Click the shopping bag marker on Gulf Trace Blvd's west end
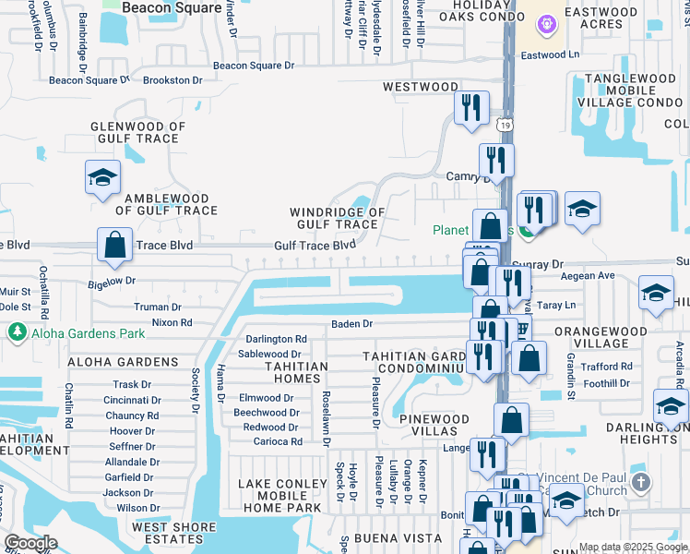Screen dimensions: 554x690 [x=114, y=246]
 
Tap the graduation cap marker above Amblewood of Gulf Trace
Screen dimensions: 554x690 [x=102, y=177]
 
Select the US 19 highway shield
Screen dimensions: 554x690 [x=504, y=124]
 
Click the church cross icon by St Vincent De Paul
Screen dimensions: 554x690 [x=642, y=482]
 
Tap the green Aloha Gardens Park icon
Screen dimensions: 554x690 [x=16, y=331]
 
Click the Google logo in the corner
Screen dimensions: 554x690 [x=30, y=543]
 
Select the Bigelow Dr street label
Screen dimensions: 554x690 [x=112, y=280]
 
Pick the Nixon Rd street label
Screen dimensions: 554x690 [x=172, y=323]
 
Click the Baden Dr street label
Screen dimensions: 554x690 [x=351, y=324]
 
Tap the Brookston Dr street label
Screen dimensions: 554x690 [x=172, y=81]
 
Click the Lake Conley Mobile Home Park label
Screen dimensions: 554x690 [x=280, y=496]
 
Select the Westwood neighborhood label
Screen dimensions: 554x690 [x=420, y=87]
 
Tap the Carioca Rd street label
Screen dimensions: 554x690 [x=272, y=442]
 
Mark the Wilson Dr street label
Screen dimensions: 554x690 [x=138, y=508]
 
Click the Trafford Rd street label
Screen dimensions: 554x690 [x=607, y=367]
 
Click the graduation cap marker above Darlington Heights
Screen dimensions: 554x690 [x=671, y=405]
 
